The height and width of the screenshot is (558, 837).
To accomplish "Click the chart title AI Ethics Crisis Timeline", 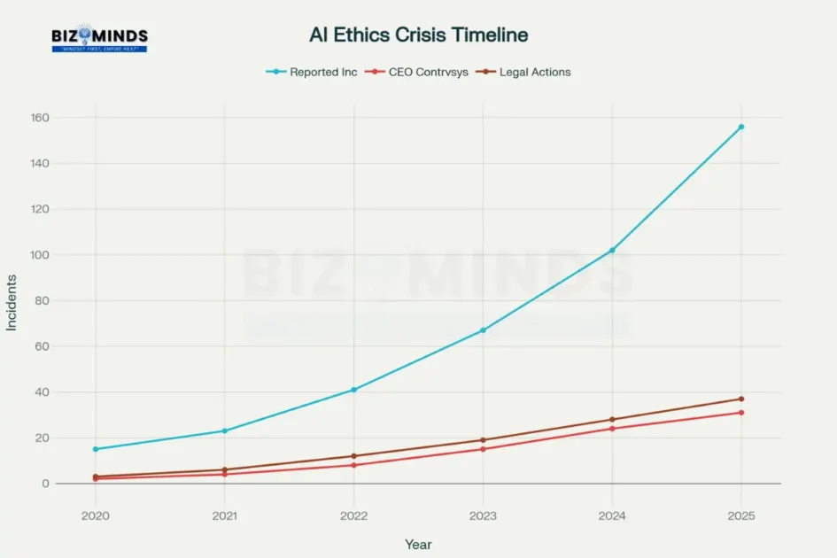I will point(418,35).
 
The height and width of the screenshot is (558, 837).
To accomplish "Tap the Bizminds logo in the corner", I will point(99,38).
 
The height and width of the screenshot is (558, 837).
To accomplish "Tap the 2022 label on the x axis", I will point(353,515).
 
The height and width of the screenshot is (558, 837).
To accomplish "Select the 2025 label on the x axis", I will point(741,515).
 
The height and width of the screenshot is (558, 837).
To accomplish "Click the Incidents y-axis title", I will point(12,302).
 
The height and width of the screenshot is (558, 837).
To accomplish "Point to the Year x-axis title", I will point(418,545).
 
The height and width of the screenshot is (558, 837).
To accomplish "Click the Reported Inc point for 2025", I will point(741,127).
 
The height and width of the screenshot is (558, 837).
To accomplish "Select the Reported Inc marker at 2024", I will point(612,250).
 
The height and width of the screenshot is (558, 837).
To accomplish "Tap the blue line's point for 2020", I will point(95,449).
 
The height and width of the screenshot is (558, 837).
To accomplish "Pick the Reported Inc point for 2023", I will point(483,330).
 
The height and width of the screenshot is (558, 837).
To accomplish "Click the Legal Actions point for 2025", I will point(741,399).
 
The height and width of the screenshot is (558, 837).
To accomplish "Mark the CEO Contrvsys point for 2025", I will point(741,413).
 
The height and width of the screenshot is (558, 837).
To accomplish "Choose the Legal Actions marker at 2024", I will point(612,420).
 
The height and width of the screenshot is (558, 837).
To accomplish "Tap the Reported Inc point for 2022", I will point(353,390).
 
